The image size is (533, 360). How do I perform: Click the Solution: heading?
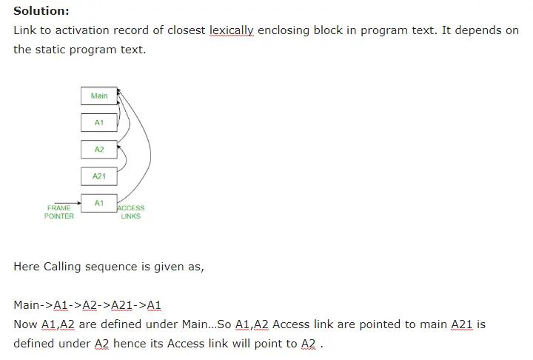coord(41,12)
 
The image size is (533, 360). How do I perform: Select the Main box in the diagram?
coord(99,96)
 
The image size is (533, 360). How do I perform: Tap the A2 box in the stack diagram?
coord(99,150)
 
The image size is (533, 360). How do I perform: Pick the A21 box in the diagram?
coord(99,176)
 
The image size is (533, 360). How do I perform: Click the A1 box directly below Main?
coord(99,122)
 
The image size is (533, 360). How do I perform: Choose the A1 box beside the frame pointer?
coord(99,202)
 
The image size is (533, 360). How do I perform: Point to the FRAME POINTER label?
coord(59,212)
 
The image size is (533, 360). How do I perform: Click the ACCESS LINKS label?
coord(131,212)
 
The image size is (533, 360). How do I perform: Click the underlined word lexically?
coord(232,31)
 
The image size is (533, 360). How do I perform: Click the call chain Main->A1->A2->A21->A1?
coord(87,305)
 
